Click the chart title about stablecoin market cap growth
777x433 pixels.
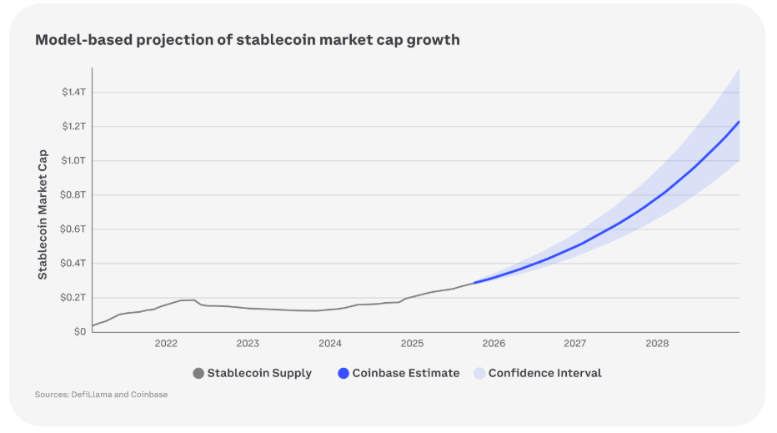click(x=247, y=40)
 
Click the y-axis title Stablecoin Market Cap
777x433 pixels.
click(x=43, y=214)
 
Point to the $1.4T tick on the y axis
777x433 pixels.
click(x=73, y=92)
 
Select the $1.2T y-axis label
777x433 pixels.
click(x=73, y=126)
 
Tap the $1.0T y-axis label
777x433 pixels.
click(x=73, y=160)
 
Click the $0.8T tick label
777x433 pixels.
click(x=73, y=195)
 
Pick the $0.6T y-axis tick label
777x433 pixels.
click(x=73, y=229)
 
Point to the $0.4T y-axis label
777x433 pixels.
click(x=73, y=264)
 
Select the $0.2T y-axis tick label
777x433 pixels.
click(x=73, y=298)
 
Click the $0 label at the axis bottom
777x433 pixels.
click(x=79, y=332)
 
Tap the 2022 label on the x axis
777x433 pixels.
click(x=166, y=344)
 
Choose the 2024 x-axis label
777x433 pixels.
click(x=330, y=344)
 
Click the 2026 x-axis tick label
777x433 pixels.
click(x=494, y=344)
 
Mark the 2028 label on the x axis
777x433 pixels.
click(x=657, y=344)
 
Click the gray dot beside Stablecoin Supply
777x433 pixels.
click(x=198, y=374)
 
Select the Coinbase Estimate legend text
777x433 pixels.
click(x=405, y=374)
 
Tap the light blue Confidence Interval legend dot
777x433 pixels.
click(x=479, y=374)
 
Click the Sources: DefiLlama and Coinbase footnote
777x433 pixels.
click(x=101, y=395)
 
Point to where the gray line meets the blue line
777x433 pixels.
click(x=474, y=283)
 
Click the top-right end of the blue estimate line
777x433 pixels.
click(x=739, y=122)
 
